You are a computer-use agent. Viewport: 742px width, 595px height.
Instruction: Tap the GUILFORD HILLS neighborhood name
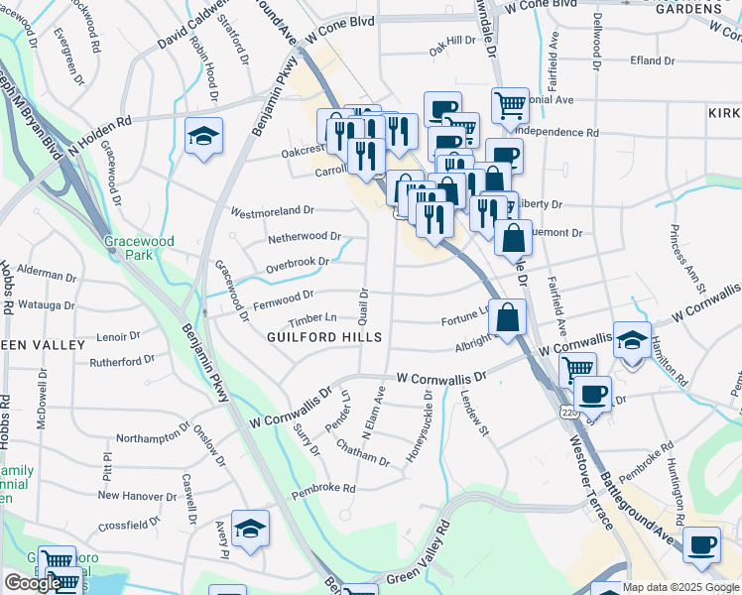(x=324, y=337)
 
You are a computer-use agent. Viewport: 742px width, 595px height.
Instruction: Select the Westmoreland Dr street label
(x=272, y=211)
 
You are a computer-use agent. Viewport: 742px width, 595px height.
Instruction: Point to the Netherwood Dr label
(x=304, y=238)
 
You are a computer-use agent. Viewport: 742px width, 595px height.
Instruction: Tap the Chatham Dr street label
(x=363, y=456)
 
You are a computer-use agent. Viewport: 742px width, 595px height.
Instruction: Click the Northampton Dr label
(x=152, y=436)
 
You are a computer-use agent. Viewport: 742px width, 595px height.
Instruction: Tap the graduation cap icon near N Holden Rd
(x=204, y=136)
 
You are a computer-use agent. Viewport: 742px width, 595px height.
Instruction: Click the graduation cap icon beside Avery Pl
(x=251, y=529)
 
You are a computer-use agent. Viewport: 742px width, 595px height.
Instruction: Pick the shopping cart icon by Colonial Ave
(x=510, y=101)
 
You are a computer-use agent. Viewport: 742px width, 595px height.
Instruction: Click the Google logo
(x=32, y=583)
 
